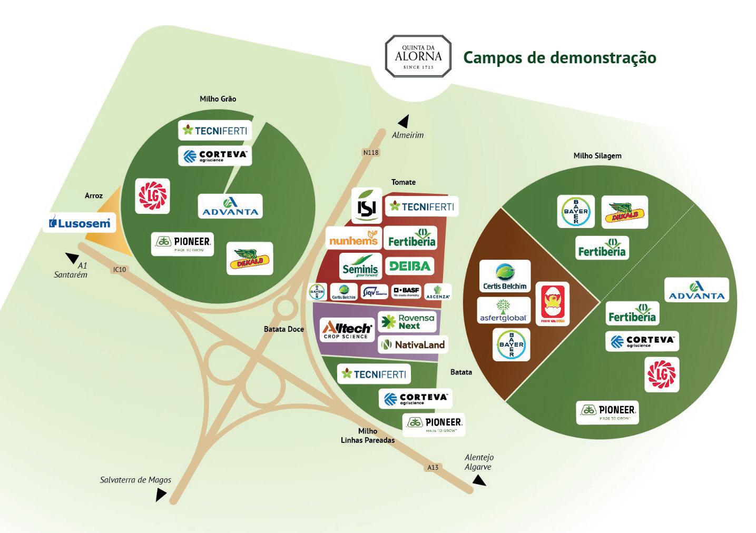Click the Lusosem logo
point(80,223)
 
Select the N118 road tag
point(371,152)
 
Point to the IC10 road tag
point(120,269)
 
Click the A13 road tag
point(433,467)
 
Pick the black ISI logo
point(367,206)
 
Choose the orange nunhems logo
point(354,239)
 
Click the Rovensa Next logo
point(407,322)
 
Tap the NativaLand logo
point(413,345)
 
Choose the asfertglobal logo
point(504,311)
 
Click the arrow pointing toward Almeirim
point(404,122)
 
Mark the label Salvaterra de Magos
point(135,480)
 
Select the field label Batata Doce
point(283,329)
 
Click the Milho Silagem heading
point(597,155)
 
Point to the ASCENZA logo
point(438,292)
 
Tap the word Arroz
point(94,195)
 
